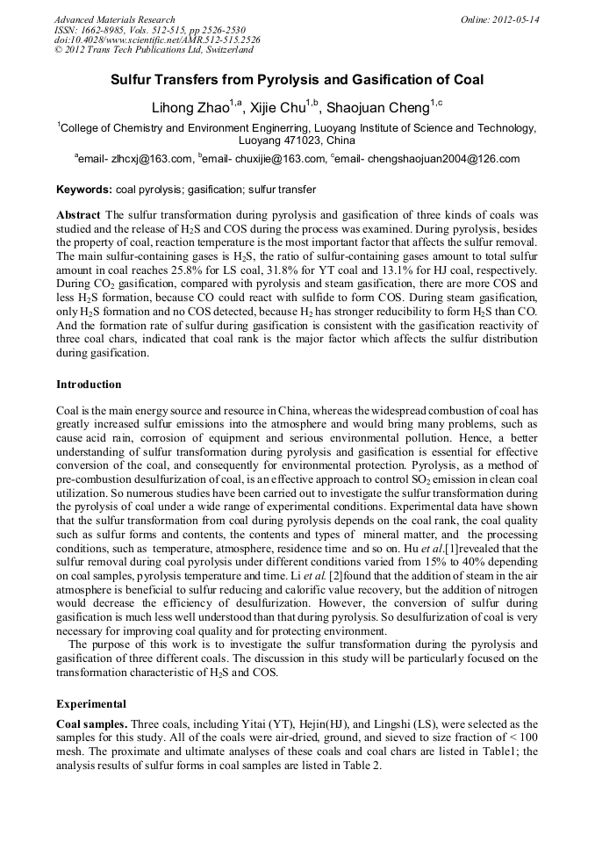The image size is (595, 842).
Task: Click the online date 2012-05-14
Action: (x=515, y=19)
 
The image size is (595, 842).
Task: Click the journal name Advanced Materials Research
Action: (x=110, y=19)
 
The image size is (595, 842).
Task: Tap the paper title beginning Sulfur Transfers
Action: (x=297, y=80)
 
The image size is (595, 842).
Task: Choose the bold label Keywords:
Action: (x=84, y=189)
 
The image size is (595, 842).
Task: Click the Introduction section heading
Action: (x=89, y=384)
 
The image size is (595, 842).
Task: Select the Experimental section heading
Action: (x=91, y=703)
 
